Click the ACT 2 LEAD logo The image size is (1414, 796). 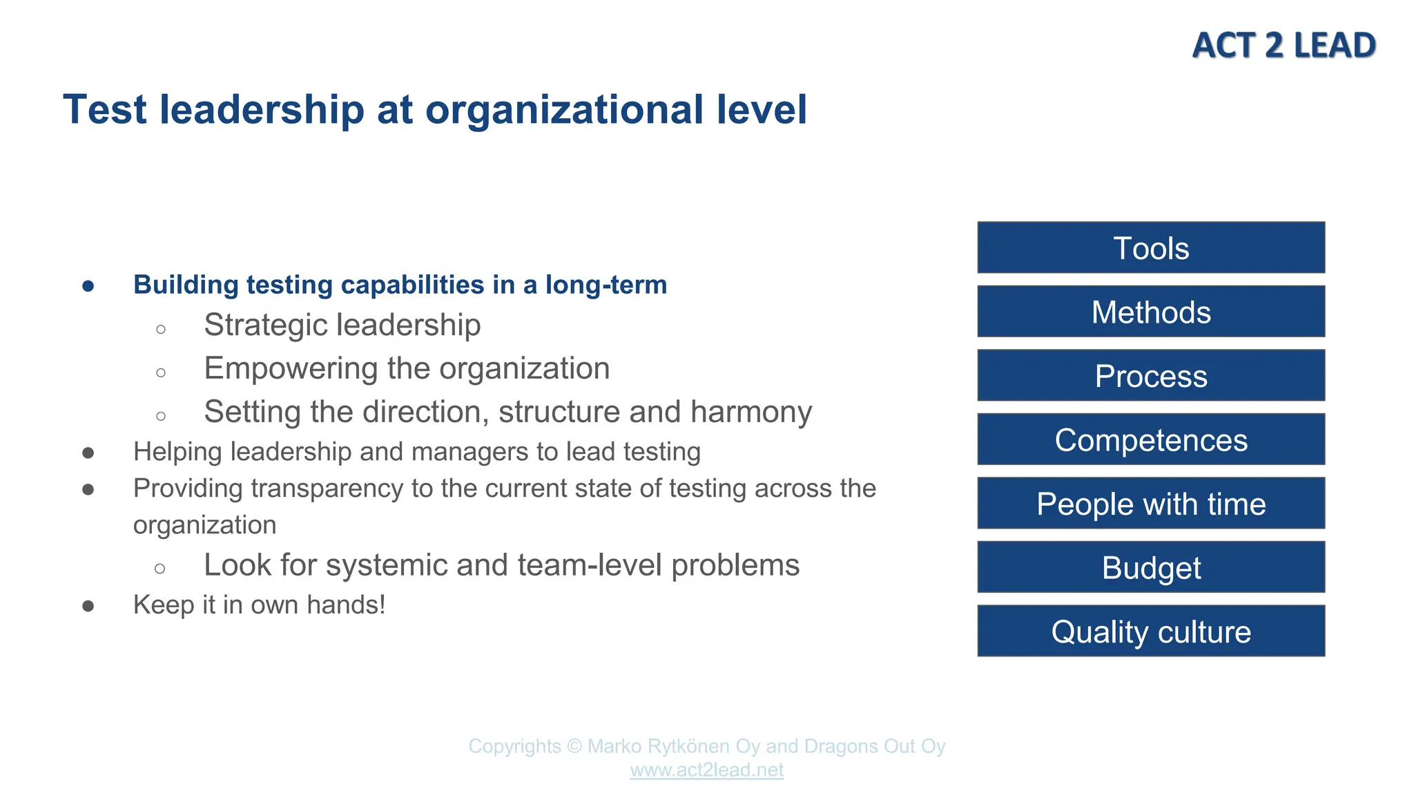click(x=1284, y=46)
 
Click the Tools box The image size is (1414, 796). click(x=1151, y=248)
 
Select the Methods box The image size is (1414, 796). click(x=1151, y=312)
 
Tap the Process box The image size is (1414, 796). click(x=1151, y=376)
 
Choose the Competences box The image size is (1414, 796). click(x=1151, y=440)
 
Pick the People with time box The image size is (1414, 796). click(x=1151, y=504)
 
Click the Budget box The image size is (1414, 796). click(x=1151, y=568)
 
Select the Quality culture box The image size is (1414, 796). click(x=1151, y=632)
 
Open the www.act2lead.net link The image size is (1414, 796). click(x=706, y=770)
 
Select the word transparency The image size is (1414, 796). click(x=327, y=489)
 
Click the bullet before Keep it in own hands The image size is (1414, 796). click(x=88, y=606)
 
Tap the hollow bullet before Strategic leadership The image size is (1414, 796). click(x=161, y=329)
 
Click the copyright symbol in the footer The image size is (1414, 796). click(x=574, y=746)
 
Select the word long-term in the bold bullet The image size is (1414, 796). click(x=606, y=285)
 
